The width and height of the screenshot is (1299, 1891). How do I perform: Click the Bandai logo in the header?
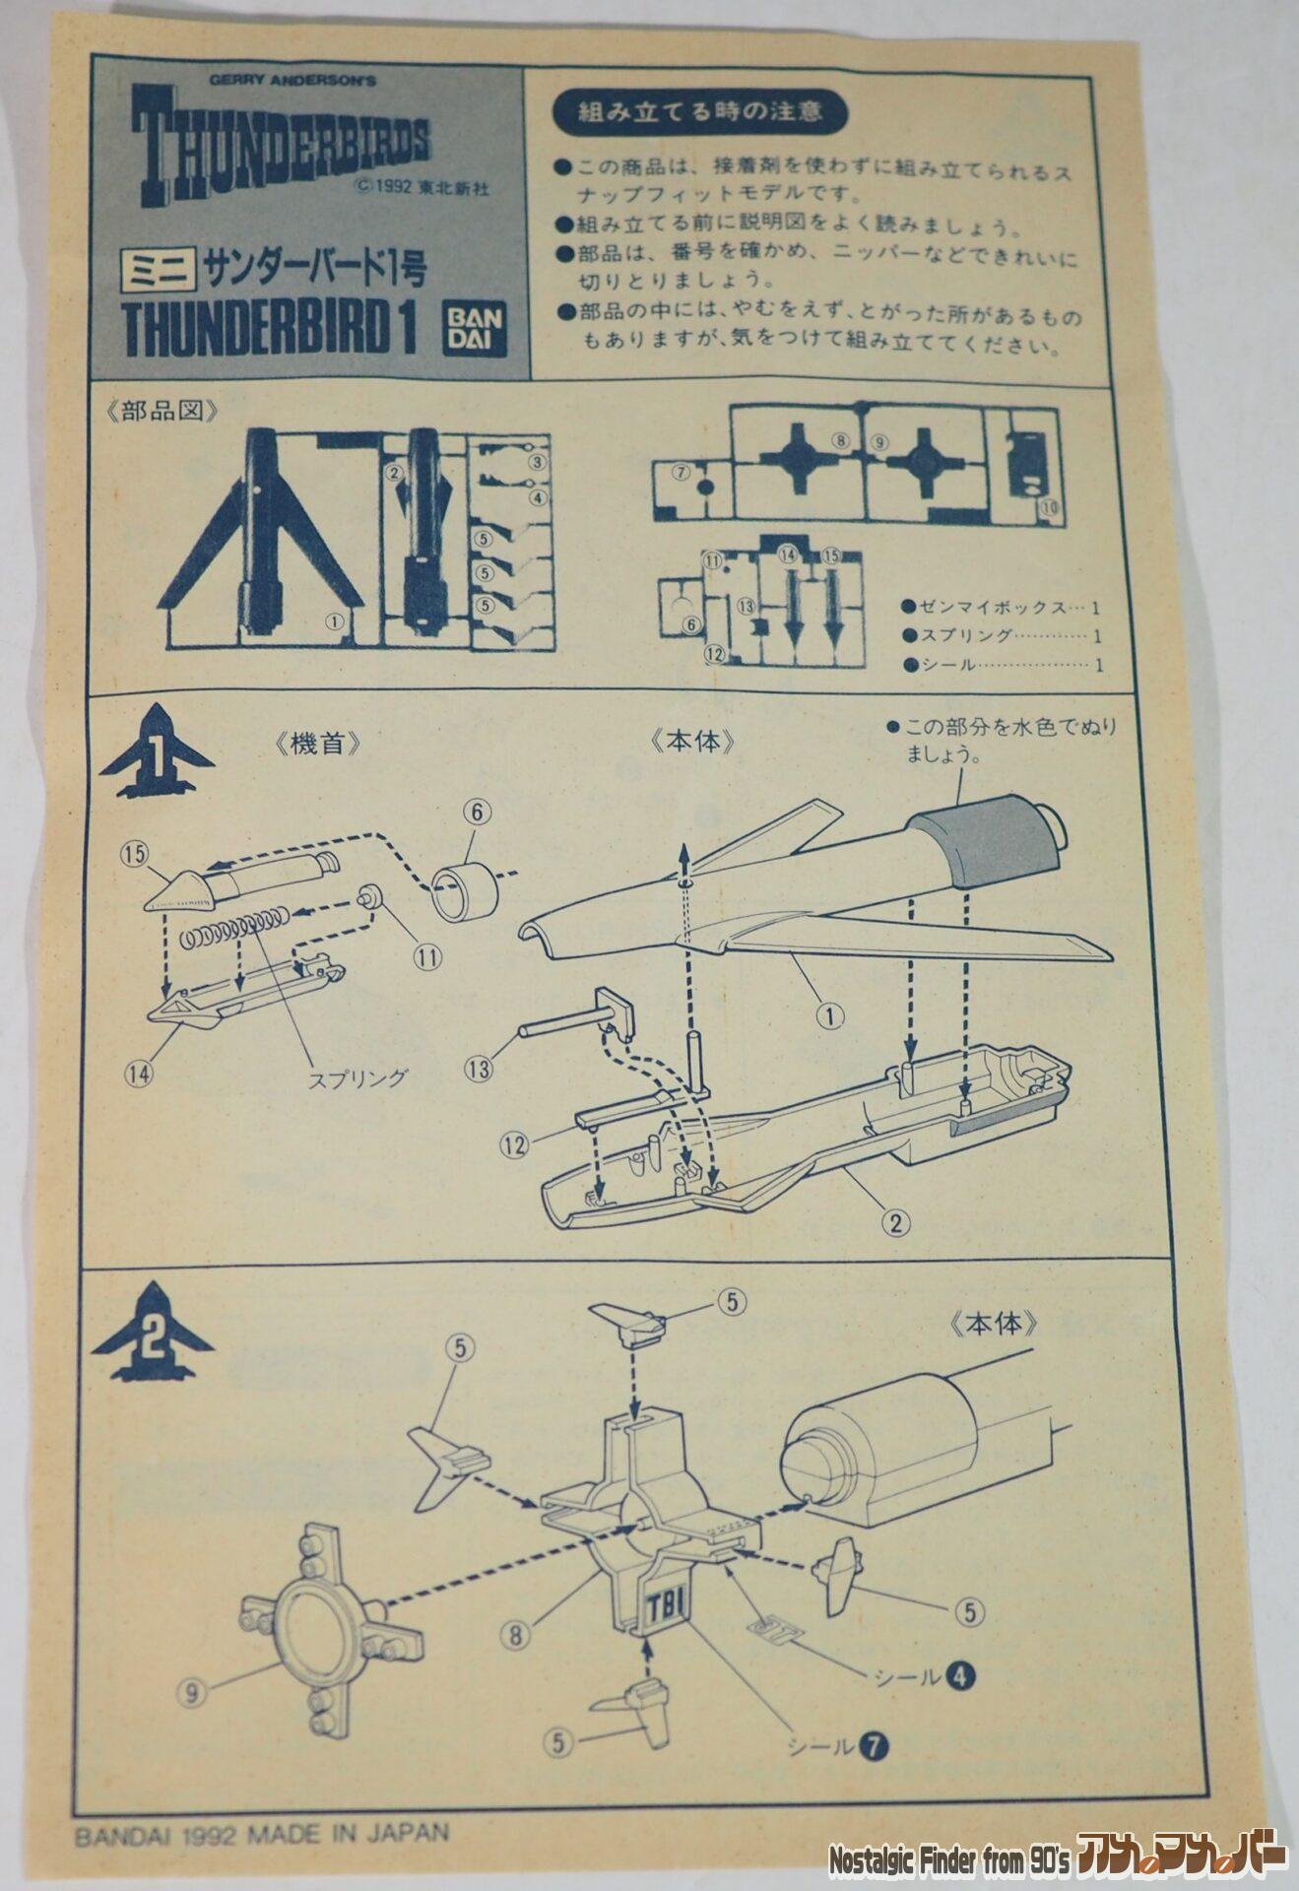(x=476, y=326)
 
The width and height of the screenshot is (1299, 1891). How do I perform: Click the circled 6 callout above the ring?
(x=478, y=812)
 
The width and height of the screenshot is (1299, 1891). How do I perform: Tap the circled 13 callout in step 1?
(x=480, y=1069)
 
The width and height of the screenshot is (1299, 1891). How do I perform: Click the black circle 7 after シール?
(x=874, y=1746)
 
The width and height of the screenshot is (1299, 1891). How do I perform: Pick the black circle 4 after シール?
(x=960, y=1675)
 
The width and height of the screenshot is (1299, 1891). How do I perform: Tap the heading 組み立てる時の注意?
(x=699, y=111)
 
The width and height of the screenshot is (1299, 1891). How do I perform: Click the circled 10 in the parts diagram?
(x=1048, y=507)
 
